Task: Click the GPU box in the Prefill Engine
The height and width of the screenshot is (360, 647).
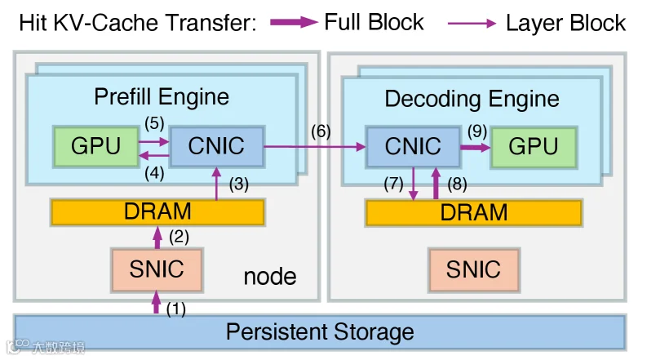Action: coord(95,147)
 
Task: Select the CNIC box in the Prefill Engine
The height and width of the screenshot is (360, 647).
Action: coord(217,147)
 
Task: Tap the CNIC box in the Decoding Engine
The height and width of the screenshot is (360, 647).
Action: coord(413,147)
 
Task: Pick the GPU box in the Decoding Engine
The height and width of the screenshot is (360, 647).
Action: coord(534,148)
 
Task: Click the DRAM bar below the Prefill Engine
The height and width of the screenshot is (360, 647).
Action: coord(157,212)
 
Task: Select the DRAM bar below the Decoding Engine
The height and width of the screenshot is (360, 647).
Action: coord(474,213)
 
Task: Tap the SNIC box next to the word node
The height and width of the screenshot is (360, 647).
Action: coord(157,270)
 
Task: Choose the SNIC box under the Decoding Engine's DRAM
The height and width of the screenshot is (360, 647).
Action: coord(474,270)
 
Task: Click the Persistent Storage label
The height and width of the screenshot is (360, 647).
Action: coord(320,332)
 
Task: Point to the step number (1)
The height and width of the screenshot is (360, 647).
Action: coord(176,309)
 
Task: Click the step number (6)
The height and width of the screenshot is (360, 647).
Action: coord(321,131)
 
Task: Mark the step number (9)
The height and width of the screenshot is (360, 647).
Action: coord(477,131)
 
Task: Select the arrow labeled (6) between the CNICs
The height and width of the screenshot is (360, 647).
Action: coord(315,146)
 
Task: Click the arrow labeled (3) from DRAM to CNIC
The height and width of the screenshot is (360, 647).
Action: coord(216,184)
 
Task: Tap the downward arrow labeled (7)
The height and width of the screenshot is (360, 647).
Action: coord(414,184)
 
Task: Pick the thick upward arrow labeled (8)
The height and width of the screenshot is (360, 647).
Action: coord(436,184)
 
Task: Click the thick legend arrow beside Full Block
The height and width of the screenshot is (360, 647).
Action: coord(295,22)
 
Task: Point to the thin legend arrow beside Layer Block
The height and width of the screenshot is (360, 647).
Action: coord(472,24)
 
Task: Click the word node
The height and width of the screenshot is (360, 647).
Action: coord(270,277)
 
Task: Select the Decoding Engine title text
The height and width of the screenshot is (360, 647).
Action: coord(472,99)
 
